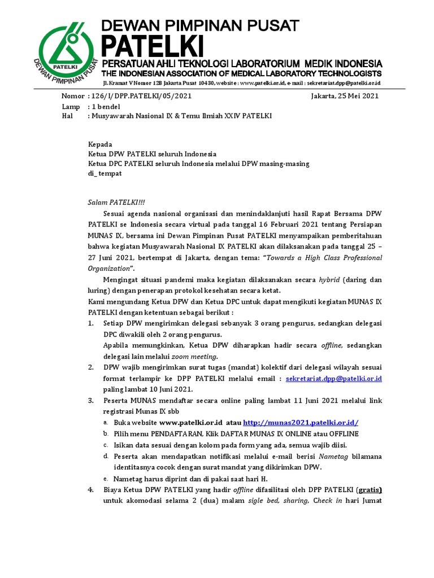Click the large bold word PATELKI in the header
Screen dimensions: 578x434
(153, 45)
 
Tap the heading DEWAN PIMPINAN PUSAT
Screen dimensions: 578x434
(200, 25)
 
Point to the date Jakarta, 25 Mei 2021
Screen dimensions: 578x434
(345, 96)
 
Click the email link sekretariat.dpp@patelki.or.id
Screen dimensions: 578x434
(335, 378)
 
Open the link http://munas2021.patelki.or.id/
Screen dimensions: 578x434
(301, 422)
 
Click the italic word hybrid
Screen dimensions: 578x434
(329, 279)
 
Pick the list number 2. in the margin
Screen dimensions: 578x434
(91, 367)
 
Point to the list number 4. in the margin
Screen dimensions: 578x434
(91, 489)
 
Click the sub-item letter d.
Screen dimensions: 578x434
(106, 456)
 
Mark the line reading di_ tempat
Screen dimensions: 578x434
(105, 174)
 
